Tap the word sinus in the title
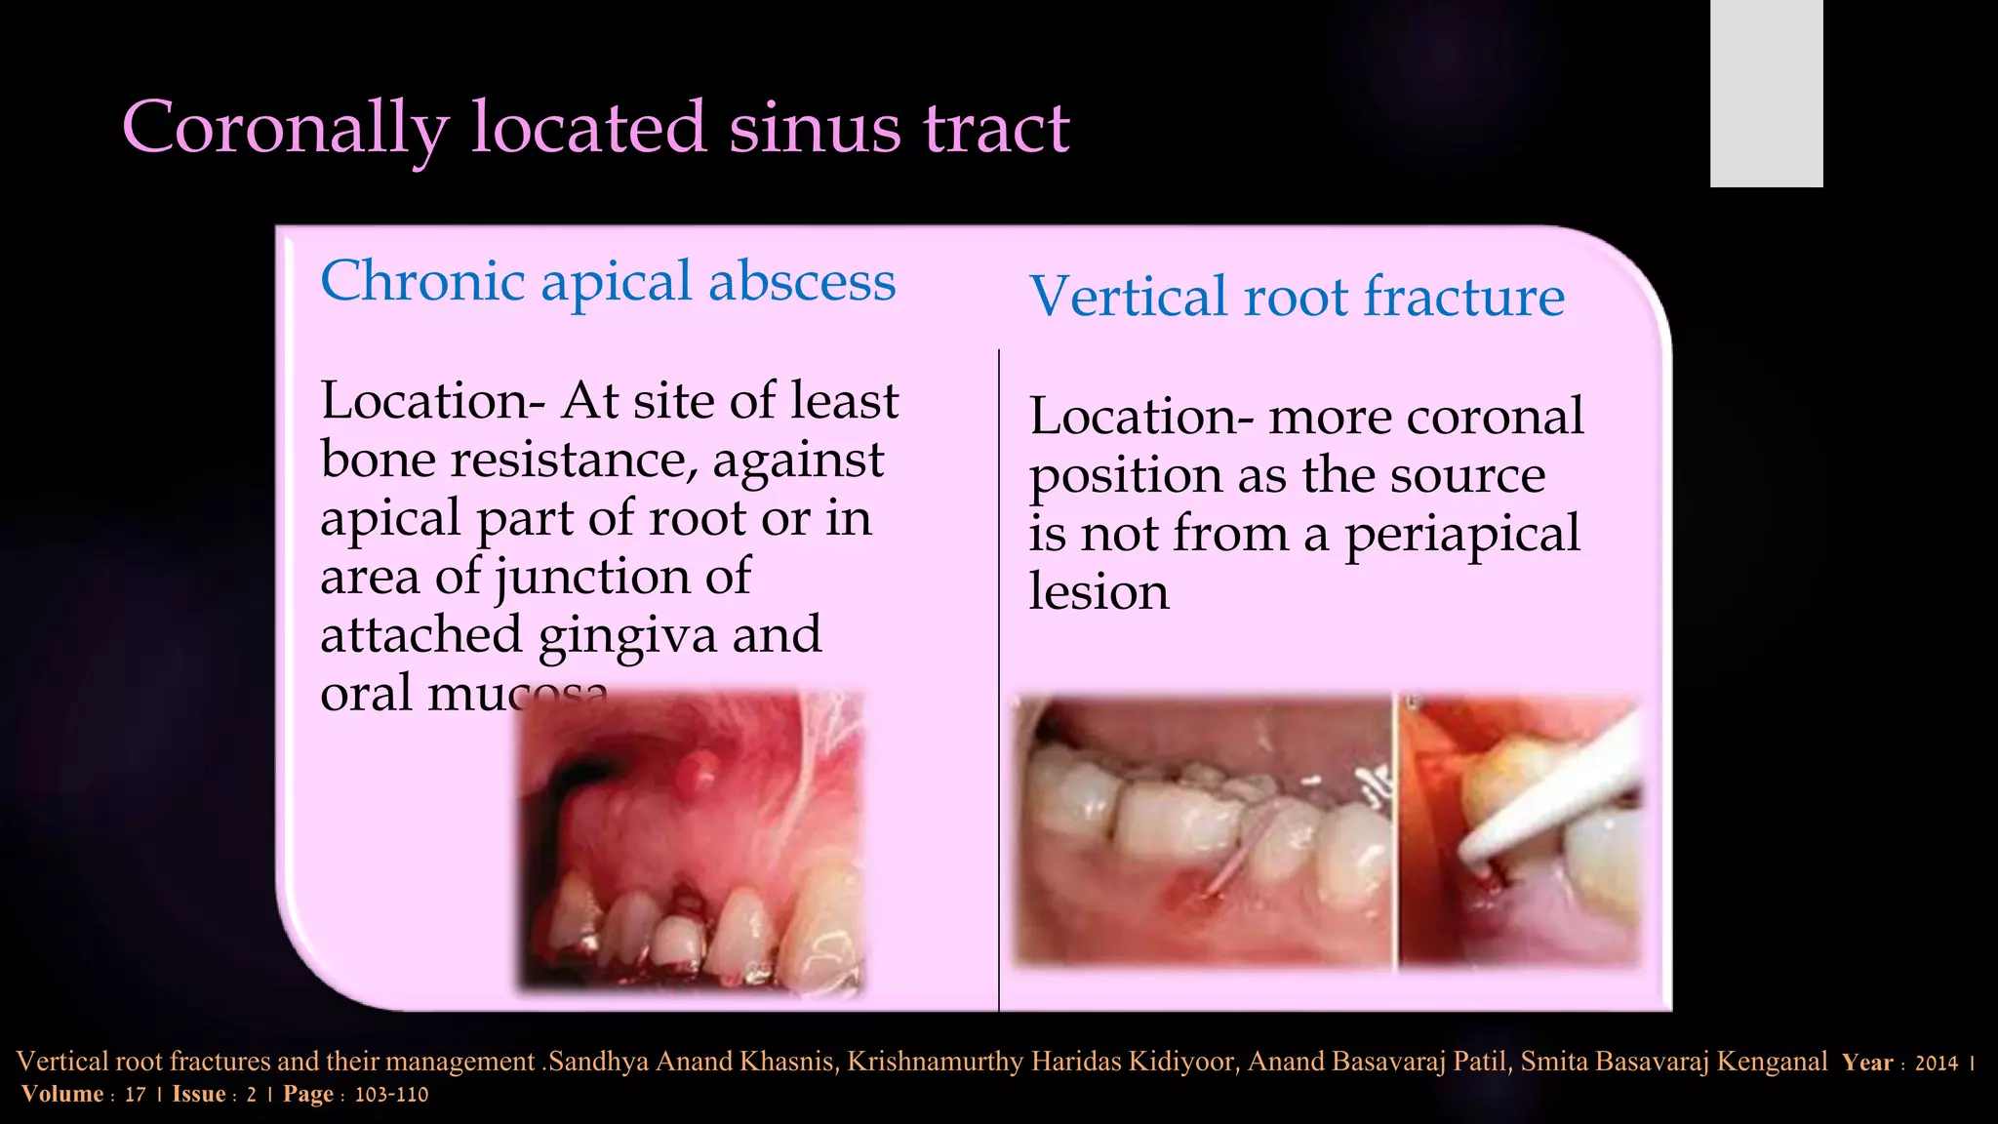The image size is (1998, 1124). (815, 128)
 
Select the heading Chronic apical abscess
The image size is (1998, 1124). (607, 281)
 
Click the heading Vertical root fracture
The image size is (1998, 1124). (1296, 297)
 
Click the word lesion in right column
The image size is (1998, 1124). (1099, 592)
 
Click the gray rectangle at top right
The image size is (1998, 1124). (1766, 94)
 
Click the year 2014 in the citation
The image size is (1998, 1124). (1936, 1064)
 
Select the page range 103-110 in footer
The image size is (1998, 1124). (391, 1095)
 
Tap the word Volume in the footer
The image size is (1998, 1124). (62, 1095)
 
